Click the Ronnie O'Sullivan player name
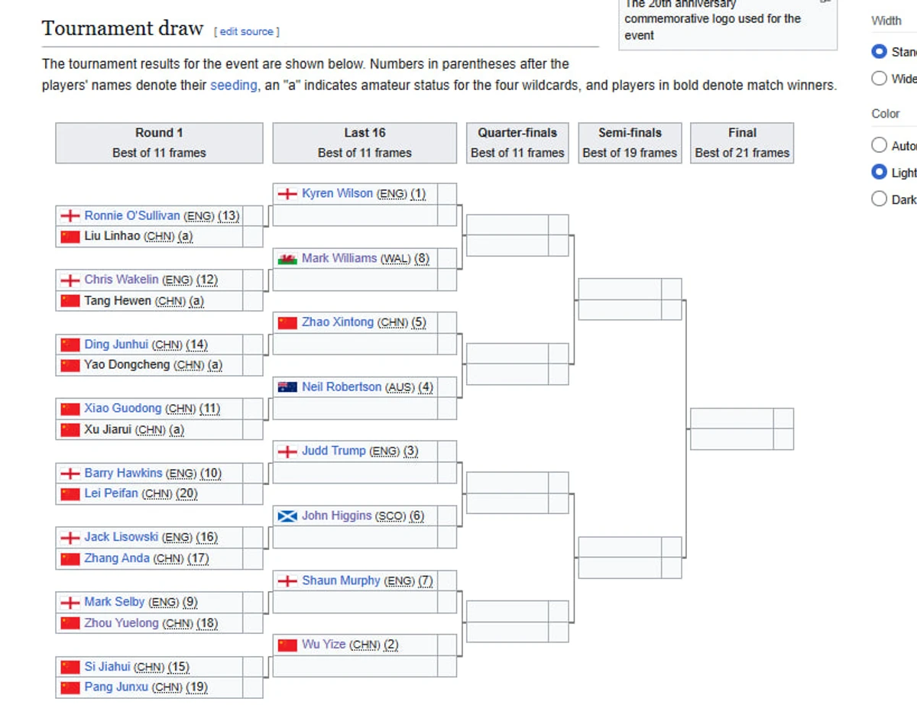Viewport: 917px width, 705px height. coord(132,215)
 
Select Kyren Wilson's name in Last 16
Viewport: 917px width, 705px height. coord(337,193)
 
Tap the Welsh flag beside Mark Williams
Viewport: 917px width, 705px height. coord(287,258)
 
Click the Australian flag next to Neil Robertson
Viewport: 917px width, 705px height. coord(287,387)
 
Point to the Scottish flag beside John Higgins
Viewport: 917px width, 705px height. coord(287,516)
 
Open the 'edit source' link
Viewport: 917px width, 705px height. coord(247,31)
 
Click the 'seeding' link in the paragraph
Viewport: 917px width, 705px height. coord(233,86)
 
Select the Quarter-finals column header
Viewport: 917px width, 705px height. coord(517,143)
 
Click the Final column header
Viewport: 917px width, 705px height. coord(742,143)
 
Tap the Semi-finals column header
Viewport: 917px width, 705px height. coord(630,143)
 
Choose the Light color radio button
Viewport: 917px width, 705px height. coord(880,172)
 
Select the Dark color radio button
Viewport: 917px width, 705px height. coord(880,199)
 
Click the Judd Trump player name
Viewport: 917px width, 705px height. coord(334,451)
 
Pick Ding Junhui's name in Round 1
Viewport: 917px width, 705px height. coord(116,344)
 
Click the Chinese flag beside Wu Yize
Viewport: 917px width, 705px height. coord(287,645)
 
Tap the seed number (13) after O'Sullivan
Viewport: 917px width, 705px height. coord(228,216)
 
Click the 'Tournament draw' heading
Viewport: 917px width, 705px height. coord(122,28)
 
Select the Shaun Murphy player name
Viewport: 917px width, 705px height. coord(341,580)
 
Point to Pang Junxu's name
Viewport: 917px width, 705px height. coord(116,687)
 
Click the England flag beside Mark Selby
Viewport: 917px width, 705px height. coord(70,603)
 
